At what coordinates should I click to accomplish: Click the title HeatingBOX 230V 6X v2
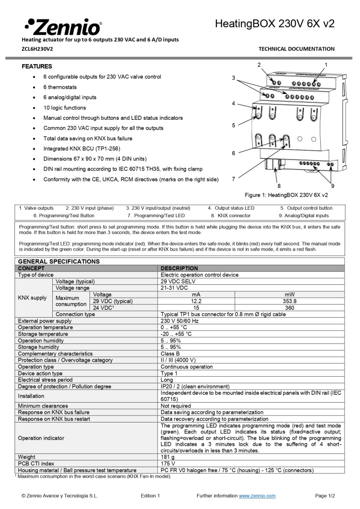coord(274,23)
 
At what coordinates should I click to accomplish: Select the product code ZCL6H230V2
coord(37,49)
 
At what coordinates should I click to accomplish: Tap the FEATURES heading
coord(37,66)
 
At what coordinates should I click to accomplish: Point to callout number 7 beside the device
coord(233,178)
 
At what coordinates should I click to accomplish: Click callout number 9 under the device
coord(332,185)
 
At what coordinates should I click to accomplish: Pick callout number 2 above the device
coord(259,65)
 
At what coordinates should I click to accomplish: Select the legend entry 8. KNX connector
coord(230,216)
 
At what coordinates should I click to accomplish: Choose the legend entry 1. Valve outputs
coord(36,208)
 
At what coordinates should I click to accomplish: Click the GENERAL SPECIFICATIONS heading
coord(59,261)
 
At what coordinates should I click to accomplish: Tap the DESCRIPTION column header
coord(180,268)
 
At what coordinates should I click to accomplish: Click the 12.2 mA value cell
coord(196,301)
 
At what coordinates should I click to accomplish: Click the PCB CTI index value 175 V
coord(169,463)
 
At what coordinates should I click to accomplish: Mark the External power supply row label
coord(45,321)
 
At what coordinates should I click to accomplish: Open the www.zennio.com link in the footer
coord(257,496)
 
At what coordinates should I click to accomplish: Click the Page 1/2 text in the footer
coord(325,496)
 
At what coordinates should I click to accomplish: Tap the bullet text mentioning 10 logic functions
coord(65,108)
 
